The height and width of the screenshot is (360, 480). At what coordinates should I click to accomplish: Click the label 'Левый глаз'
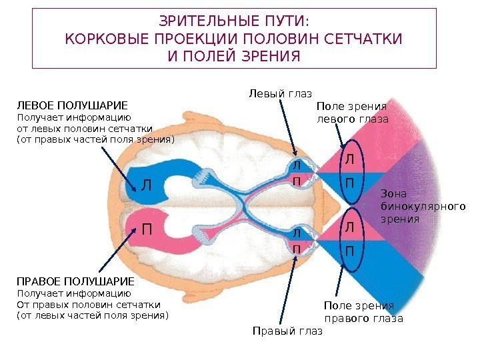click(280, 93)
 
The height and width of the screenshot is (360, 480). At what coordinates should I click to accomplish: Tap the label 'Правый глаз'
click(287, 331)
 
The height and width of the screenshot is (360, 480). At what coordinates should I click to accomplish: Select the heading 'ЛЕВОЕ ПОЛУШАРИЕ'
click(71, 105)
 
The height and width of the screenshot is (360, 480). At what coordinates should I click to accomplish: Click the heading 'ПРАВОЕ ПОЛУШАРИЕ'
click(75, 281)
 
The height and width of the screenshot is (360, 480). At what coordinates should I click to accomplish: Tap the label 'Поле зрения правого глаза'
click(363, 311)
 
